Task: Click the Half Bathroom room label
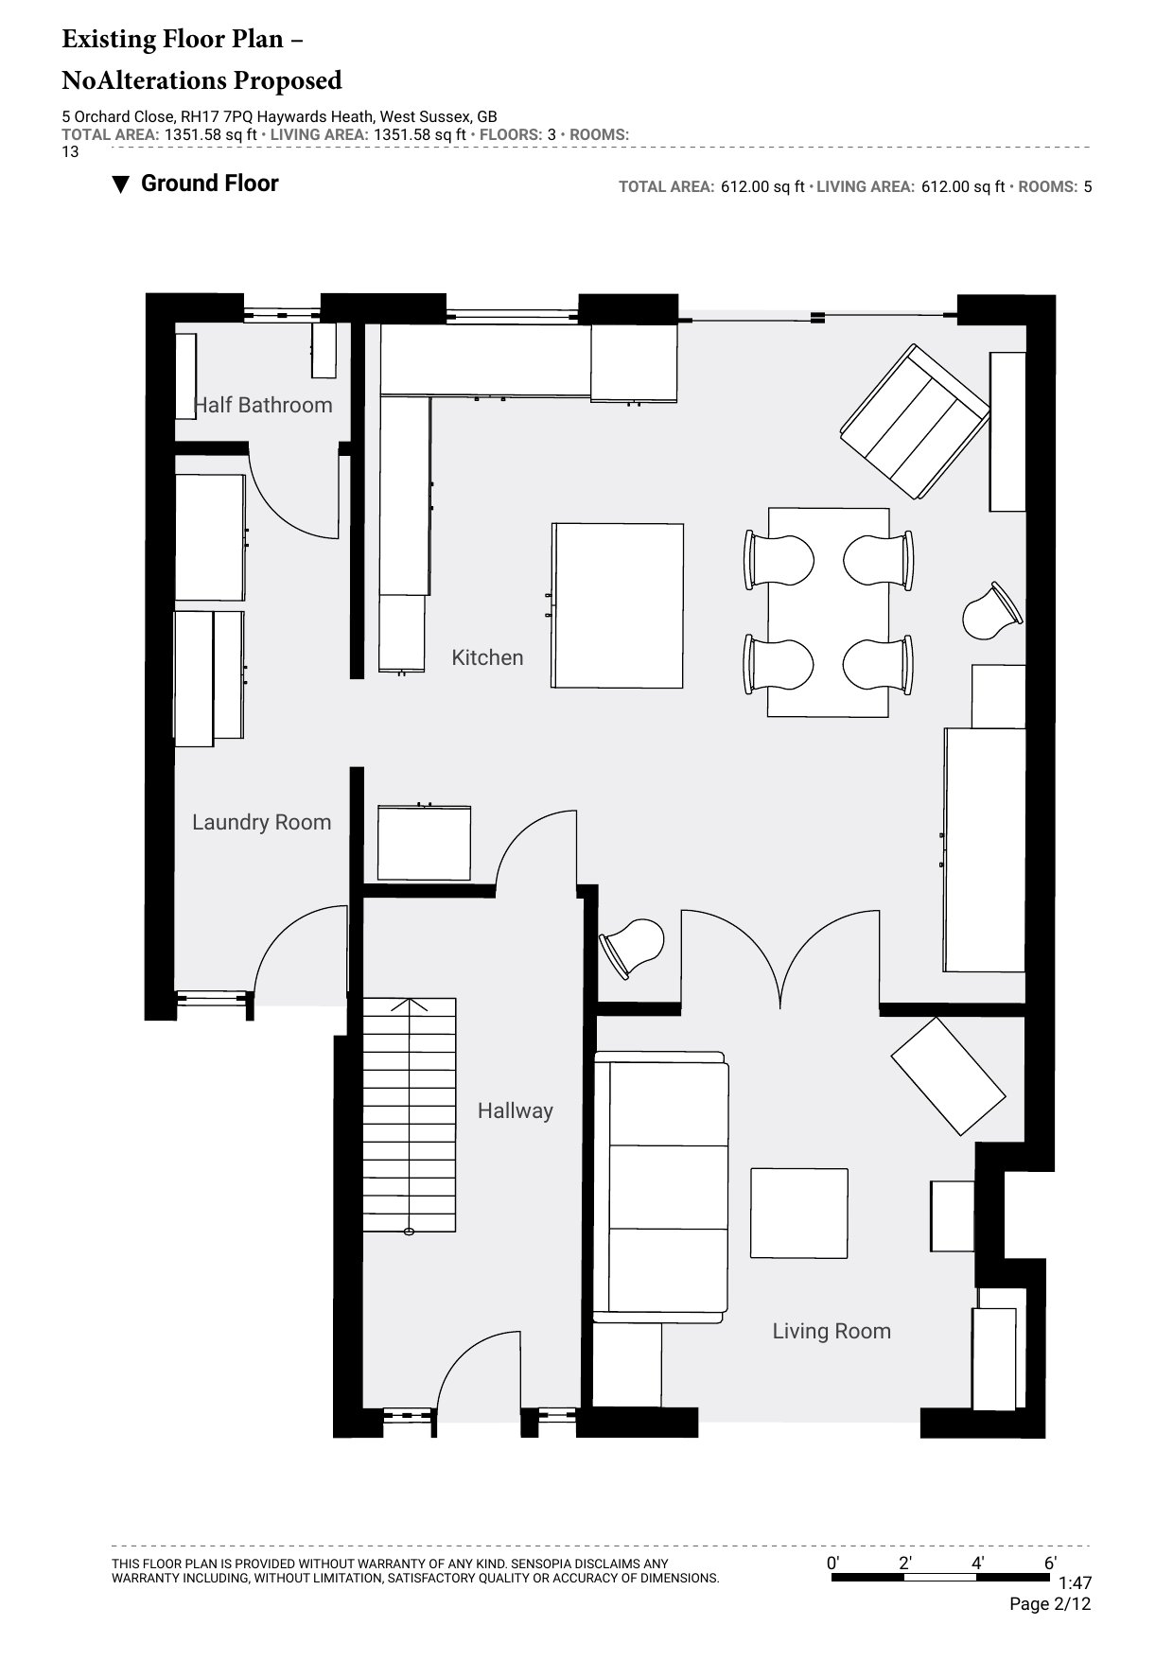click(263, 405)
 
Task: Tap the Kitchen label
click(487, 657)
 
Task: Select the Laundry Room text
click(262, 823)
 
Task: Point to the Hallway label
click(515, 1110)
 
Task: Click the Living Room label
click(832, 1332)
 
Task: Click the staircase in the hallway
click(410, 1116)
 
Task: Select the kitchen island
click(618, 605)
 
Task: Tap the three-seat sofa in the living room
click(660, 1187)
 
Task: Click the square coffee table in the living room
click(799, 1213)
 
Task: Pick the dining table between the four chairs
click(829, 612)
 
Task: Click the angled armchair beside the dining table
click(915, 422)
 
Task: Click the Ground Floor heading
click(210, 183)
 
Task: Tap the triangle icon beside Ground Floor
click(120, 184)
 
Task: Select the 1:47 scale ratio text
click(1075, 1582)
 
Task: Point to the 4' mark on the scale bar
click(978, 1564)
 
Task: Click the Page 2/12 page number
click(1050, 1604)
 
